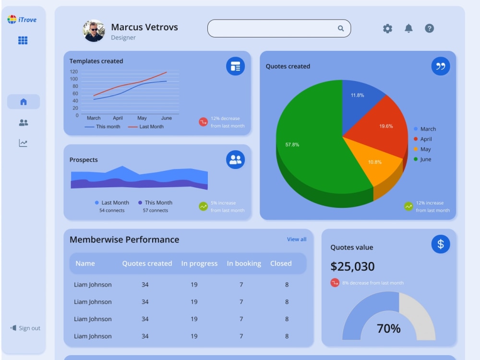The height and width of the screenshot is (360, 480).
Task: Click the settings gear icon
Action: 387,28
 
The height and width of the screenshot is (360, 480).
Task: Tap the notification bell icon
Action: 408,28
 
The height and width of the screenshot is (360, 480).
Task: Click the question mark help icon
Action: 429,28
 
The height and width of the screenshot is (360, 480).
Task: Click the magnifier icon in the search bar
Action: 341,28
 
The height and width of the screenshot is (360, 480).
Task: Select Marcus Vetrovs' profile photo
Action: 94,31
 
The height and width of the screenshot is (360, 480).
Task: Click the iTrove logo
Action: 22,20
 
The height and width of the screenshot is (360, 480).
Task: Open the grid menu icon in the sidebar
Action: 23,40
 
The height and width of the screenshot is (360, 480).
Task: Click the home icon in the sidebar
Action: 24,102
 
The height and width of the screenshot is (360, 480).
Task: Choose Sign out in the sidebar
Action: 25,328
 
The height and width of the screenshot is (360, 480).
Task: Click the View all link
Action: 297,239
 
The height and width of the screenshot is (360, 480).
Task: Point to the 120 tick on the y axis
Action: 74,72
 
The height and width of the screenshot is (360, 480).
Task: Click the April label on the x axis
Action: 118,118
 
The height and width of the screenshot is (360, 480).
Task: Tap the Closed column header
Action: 281,263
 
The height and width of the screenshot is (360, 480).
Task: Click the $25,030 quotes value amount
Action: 352,266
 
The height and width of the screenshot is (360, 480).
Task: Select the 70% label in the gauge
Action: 388,328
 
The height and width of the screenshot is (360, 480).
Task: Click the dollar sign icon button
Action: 441,244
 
